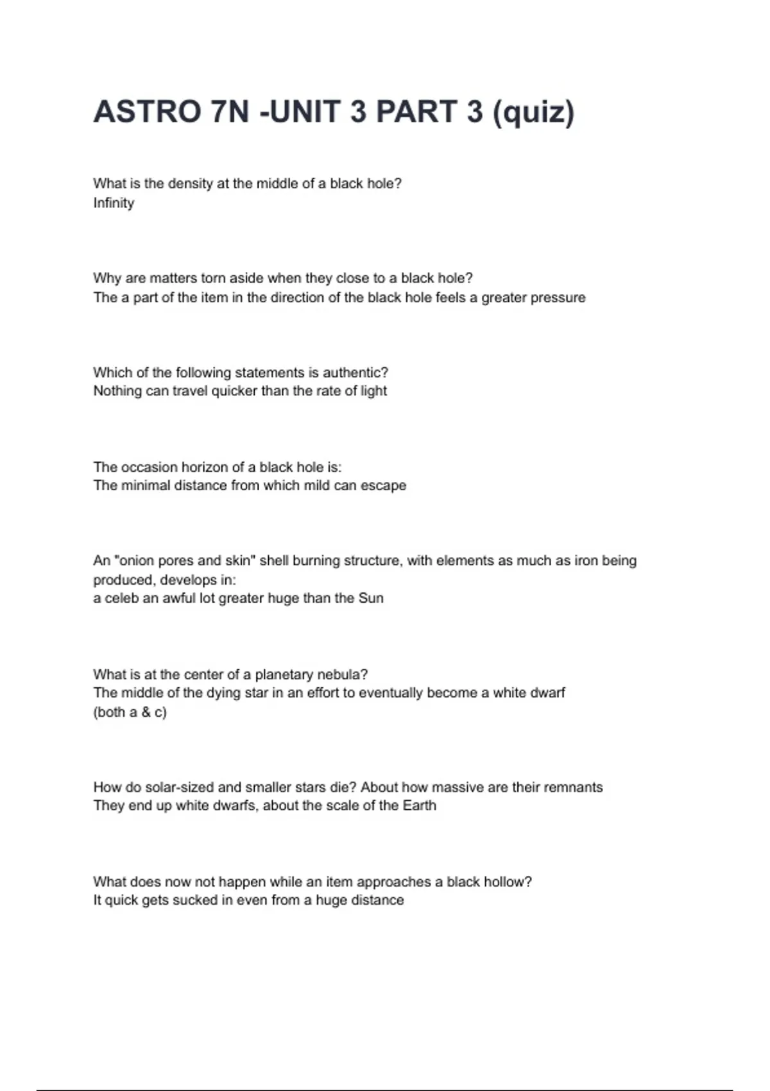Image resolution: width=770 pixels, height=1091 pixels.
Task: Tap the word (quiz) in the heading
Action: pyautogui.click(x=533, y=113)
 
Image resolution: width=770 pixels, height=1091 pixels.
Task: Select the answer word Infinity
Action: pyautogui.click(x=114, y=203)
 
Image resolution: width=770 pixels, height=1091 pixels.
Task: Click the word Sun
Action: pyautogui.click(x=371, y=598)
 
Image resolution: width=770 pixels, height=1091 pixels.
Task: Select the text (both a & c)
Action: pyautogui.click(x=130, y=712)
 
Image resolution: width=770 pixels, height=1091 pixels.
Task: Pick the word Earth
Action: pyautogui.click(x=419, y=805)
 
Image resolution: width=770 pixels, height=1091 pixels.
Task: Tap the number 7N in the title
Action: pyautogui.click(x=230, y=112)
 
